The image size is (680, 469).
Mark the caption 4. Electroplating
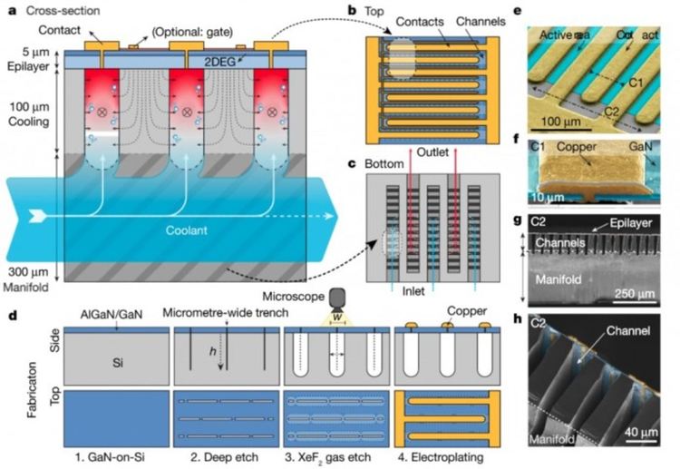click(x=441, y=454)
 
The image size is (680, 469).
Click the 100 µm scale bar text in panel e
click(x=554, y=122)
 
